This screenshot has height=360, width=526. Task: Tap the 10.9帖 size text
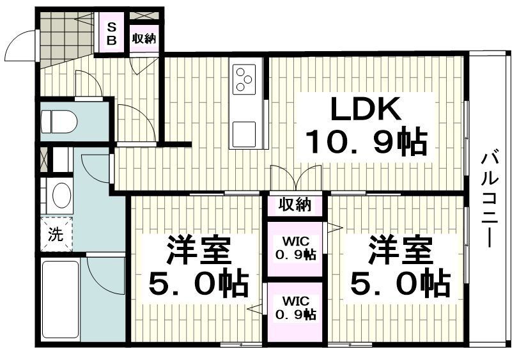point(365,142)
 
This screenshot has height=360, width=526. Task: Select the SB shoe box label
point(111,33)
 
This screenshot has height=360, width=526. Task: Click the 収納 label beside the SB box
point(144,38)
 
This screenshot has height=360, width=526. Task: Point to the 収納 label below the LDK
point(295,205)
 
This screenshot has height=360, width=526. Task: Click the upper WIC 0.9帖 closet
point(295,247)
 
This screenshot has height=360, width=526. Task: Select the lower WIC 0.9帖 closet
point(295,308)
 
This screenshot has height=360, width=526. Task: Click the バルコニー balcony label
point(490,199)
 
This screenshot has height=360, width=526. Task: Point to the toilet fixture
point(59,120)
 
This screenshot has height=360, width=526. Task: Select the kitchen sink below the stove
point(245,134)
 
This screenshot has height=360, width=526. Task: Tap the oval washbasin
point(61,195)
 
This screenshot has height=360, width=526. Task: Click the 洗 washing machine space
point(56,234)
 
